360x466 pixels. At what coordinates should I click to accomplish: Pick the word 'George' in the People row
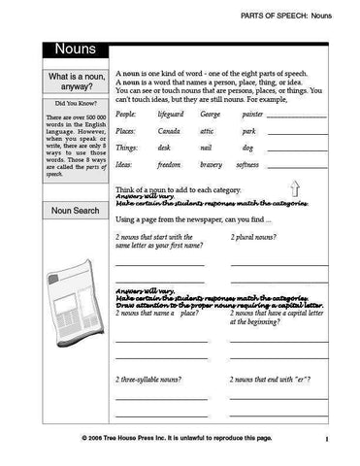point(211,115)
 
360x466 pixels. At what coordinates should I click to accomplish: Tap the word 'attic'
point(207,131)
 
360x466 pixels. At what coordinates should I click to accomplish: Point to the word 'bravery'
point(211,165)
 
